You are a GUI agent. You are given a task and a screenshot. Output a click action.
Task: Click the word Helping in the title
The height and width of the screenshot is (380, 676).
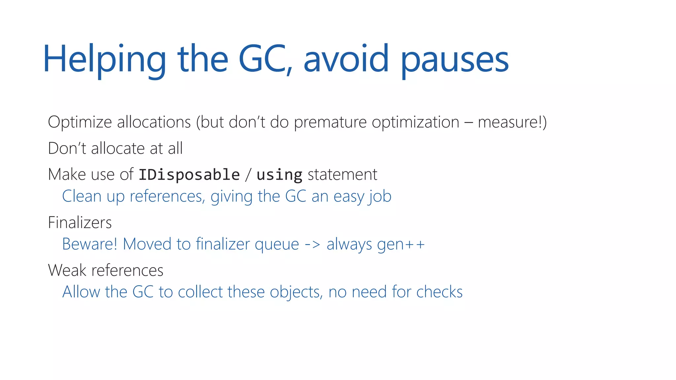[x=104, y=59]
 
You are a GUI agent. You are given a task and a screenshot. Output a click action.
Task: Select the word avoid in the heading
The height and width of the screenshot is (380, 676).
[x=346, y=59]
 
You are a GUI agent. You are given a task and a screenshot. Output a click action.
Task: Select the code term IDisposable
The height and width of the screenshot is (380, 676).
[x=189, y=174]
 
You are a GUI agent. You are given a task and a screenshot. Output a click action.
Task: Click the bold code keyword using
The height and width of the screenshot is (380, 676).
[x=279, y=174]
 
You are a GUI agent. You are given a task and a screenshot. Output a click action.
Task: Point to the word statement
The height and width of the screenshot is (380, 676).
[x=342, y=174]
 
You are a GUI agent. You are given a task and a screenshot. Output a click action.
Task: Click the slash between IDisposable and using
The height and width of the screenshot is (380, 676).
[x=248, y=174]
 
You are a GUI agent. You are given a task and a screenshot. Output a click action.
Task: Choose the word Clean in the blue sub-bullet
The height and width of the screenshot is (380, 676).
[x=82, y=196]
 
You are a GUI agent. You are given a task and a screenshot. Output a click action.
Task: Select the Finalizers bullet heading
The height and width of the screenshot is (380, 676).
[x=80, y=222]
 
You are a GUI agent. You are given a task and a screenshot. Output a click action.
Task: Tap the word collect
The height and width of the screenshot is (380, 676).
[x=200, y=292]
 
